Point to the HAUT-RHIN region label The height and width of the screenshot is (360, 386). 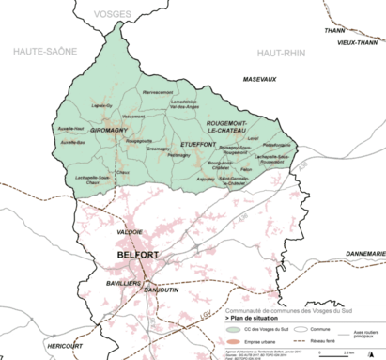tap(282, 52)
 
